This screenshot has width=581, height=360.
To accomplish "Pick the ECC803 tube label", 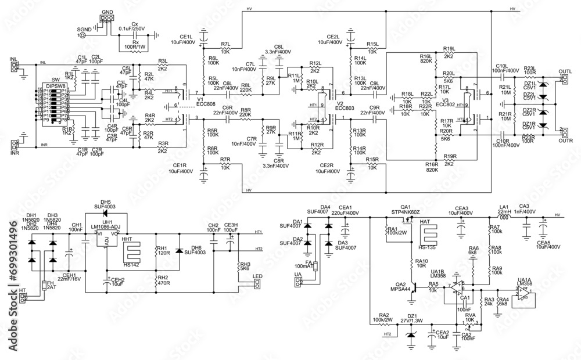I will pos(344,108).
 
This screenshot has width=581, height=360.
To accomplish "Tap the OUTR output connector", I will pos(562,134).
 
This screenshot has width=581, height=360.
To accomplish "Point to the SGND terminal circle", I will pos(81,35).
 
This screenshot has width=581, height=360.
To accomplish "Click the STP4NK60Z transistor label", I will pos(406,213).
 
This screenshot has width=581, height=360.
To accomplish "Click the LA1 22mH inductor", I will pos(504,217).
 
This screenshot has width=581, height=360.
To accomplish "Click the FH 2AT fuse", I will pos(45,285).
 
